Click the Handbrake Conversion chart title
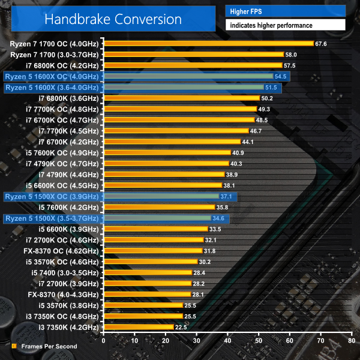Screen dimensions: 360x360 click(113, 19)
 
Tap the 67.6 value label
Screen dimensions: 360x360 click(321, 43)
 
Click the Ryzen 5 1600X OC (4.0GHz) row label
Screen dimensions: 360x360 click(51, 76)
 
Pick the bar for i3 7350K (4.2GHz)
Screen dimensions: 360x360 click(139, 327)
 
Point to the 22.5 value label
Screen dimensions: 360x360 click(181, 327)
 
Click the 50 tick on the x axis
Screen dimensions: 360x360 click(259, 341)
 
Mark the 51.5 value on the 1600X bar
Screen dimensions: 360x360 click(273, 87)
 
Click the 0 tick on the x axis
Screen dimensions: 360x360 click(104, 341)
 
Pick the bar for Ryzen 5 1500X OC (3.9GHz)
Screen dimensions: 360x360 click(161, 196)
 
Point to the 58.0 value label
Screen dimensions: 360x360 click(291, 55)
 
